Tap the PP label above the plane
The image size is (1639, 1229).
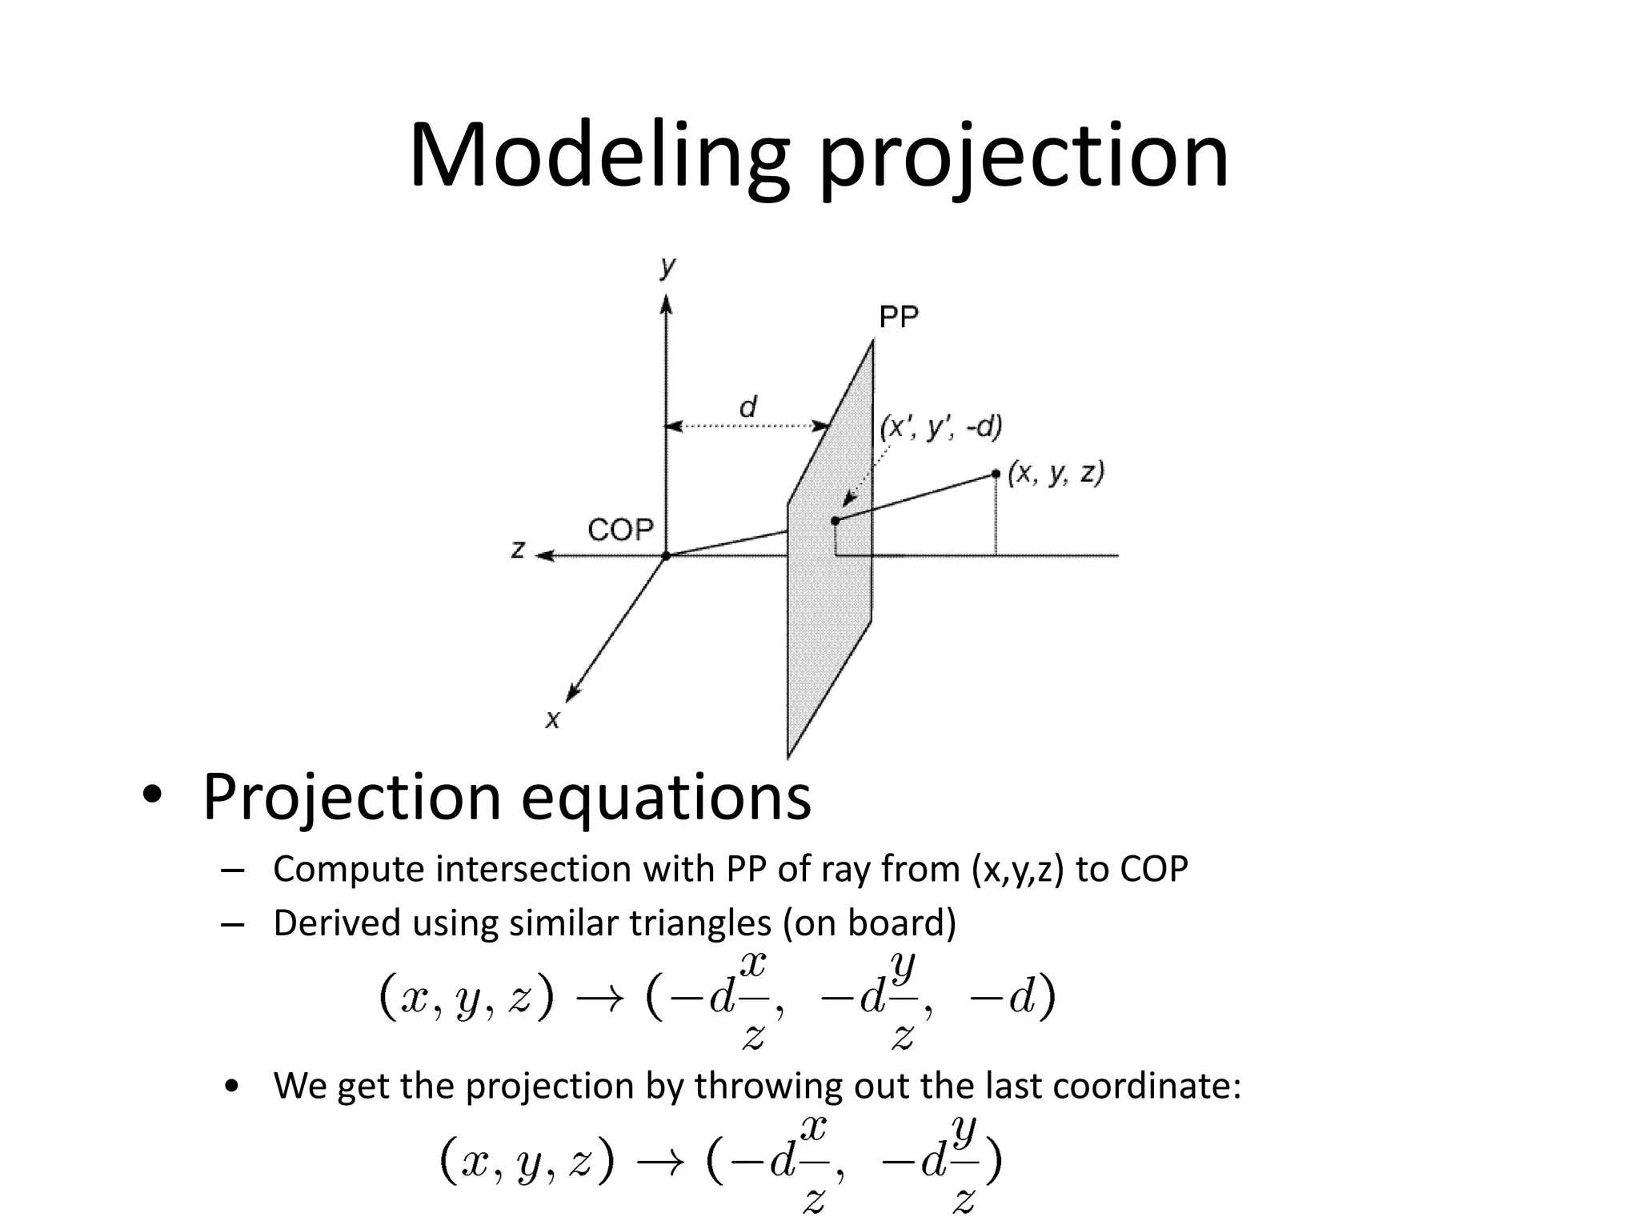899,318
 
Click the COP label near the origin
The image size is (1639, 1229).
620,530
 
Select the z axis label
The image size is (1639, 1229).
519,550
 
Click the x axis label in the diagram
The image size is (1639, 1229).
552,720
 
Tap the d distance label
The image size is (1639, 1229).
747,407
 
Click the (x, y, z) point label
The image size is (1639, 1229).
1056,474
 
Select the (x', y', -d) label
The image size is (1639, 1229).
940,428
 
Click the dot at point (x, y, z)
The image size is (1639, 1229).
996,474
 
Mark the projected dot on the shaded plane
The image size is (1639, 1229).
835,521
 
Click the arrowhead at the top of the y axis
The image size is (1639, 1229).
667,304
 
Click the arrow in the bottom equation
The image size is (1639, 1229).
660,1162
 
